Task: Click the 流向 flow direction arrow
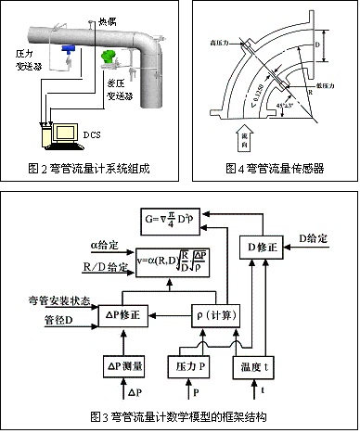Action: click(234, 134)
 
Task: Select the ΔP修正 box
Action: click(122, 314)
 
